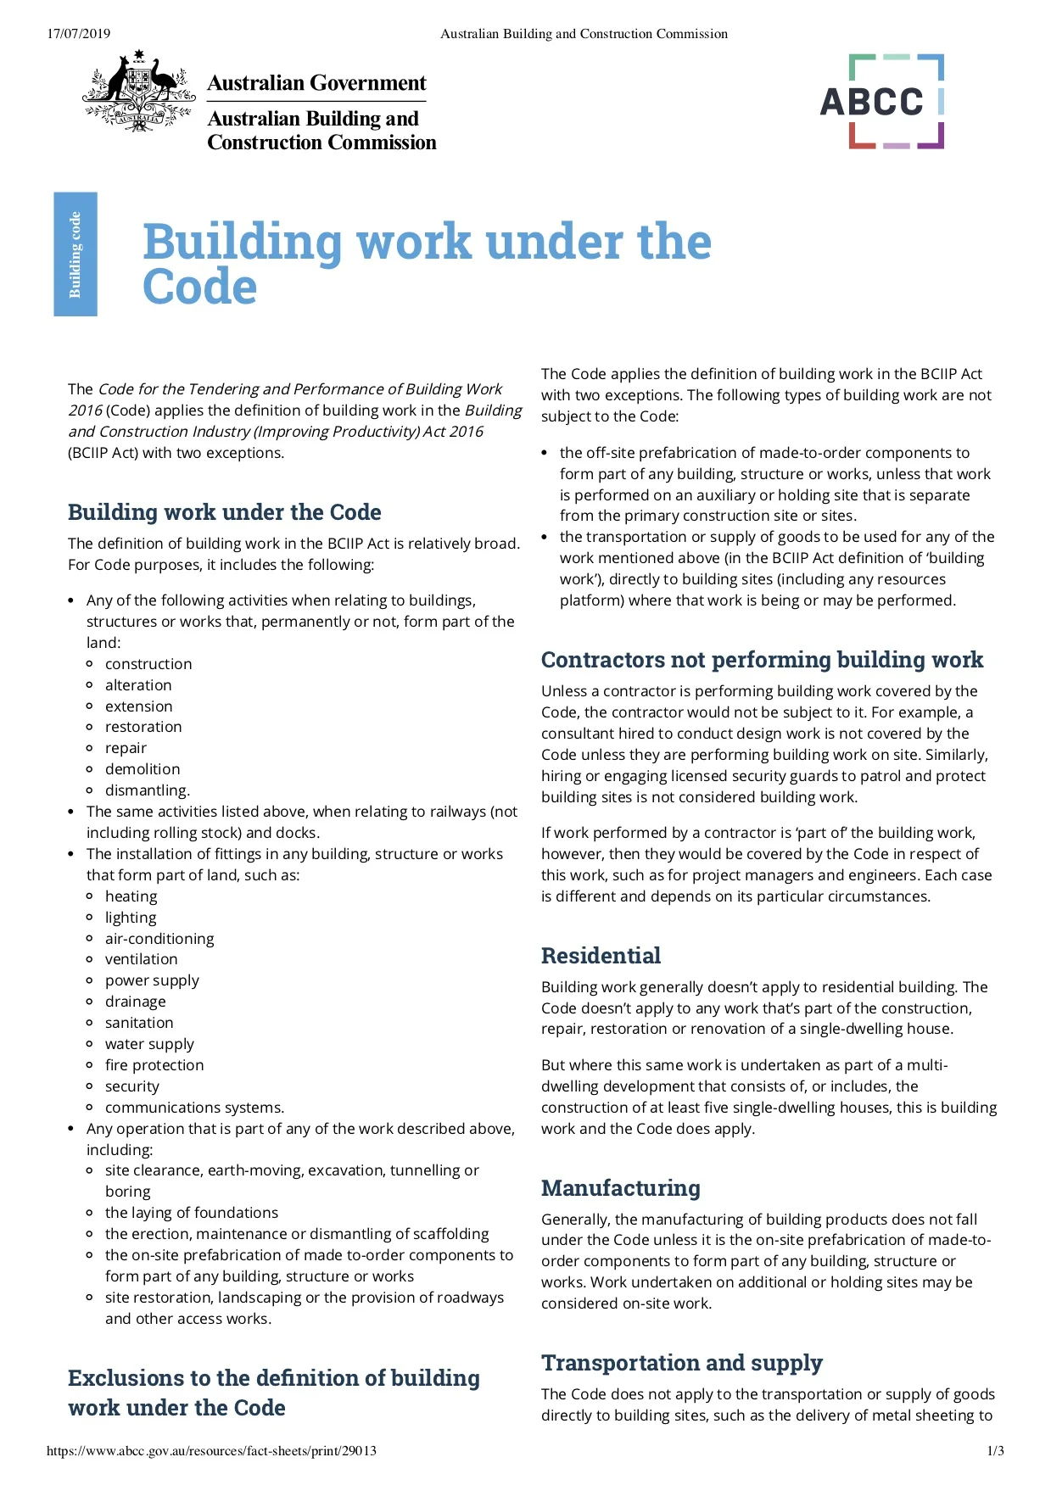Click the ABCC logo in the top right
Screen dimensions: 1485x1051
[881, 102]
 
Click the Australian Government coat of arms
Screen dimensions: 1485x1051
[139, 90]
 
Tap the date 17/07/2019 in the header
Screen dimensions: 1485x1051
[78, 34]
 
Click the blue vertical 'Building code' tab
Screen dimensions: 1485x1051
[75, 254]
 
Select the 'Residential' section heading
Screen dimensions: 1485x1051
[601, 956]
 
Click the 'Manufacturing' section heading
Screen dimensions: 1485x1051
[621, 1188]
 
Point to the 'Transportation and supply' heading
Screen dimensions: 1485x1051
[682, 1363]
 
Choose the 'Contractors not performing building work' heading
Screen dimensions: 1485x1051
[762, 660]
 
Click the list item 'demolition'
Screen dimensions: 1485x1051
[143, 769]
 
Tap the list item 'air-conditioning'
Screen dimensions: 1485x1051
[159, 939]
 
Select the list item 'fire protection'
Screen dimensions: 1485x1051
[154, 1065]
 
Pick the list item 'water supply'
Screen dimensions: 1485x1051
[149, 1044]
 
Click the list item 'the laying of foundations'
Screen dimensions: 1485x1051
[192, 1213]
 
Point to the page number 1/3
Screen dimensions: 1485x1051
[995, 1451]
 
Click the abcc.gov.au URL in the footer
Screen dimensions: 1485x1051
[211, 1451]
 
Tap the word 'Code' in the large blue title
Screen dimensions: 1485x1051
[200, 287]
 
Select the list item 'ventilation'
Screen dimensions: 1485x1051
[142, 959]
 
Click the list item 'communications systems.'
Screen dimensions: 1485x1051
[194, 1108]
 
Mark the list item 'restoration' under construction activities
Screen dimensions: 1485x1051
[143, 727]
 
